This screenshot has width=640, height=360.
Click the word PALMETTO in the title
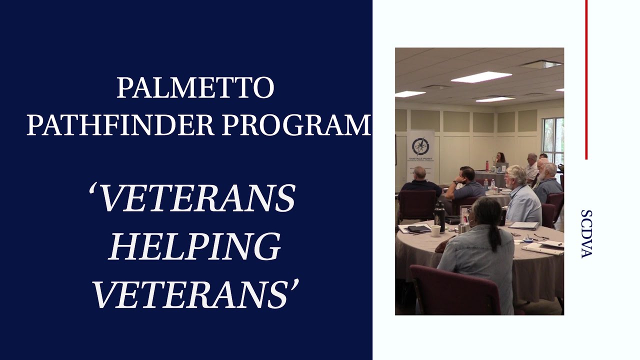pyautogui.click(x=195, y=87)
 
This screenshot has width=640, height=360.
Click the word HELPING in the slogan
pyautogui.click(x=194, y=246)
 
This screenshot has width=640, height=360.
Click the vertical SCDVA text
pyautogui.click(x=586, y=234)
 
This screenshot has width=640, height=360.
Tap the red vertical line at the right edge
pyautogui.click(x=586, y=80)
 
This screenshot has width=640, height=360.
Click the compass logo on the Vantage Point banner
pyautogui.click(x=420, y=146)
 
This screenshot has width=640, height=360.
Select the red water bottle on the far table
pyautogui.click(x=487, y=165)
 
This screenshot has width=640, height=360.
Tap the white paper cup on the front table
pyautogui.click(x=436, y=230)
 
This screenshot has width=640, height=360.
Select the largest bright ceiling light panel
pyautogui.click(x=481, y=77)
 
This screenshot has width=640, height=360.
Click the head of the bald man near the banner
pyautogui.click(x=419, y=173)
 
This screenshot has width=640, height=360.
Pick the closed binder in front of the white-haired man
pyautogui.click(x=524, y=226)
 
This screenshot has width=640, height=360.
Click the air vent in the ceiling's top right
pyautogui.click(x=540, y=64)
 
